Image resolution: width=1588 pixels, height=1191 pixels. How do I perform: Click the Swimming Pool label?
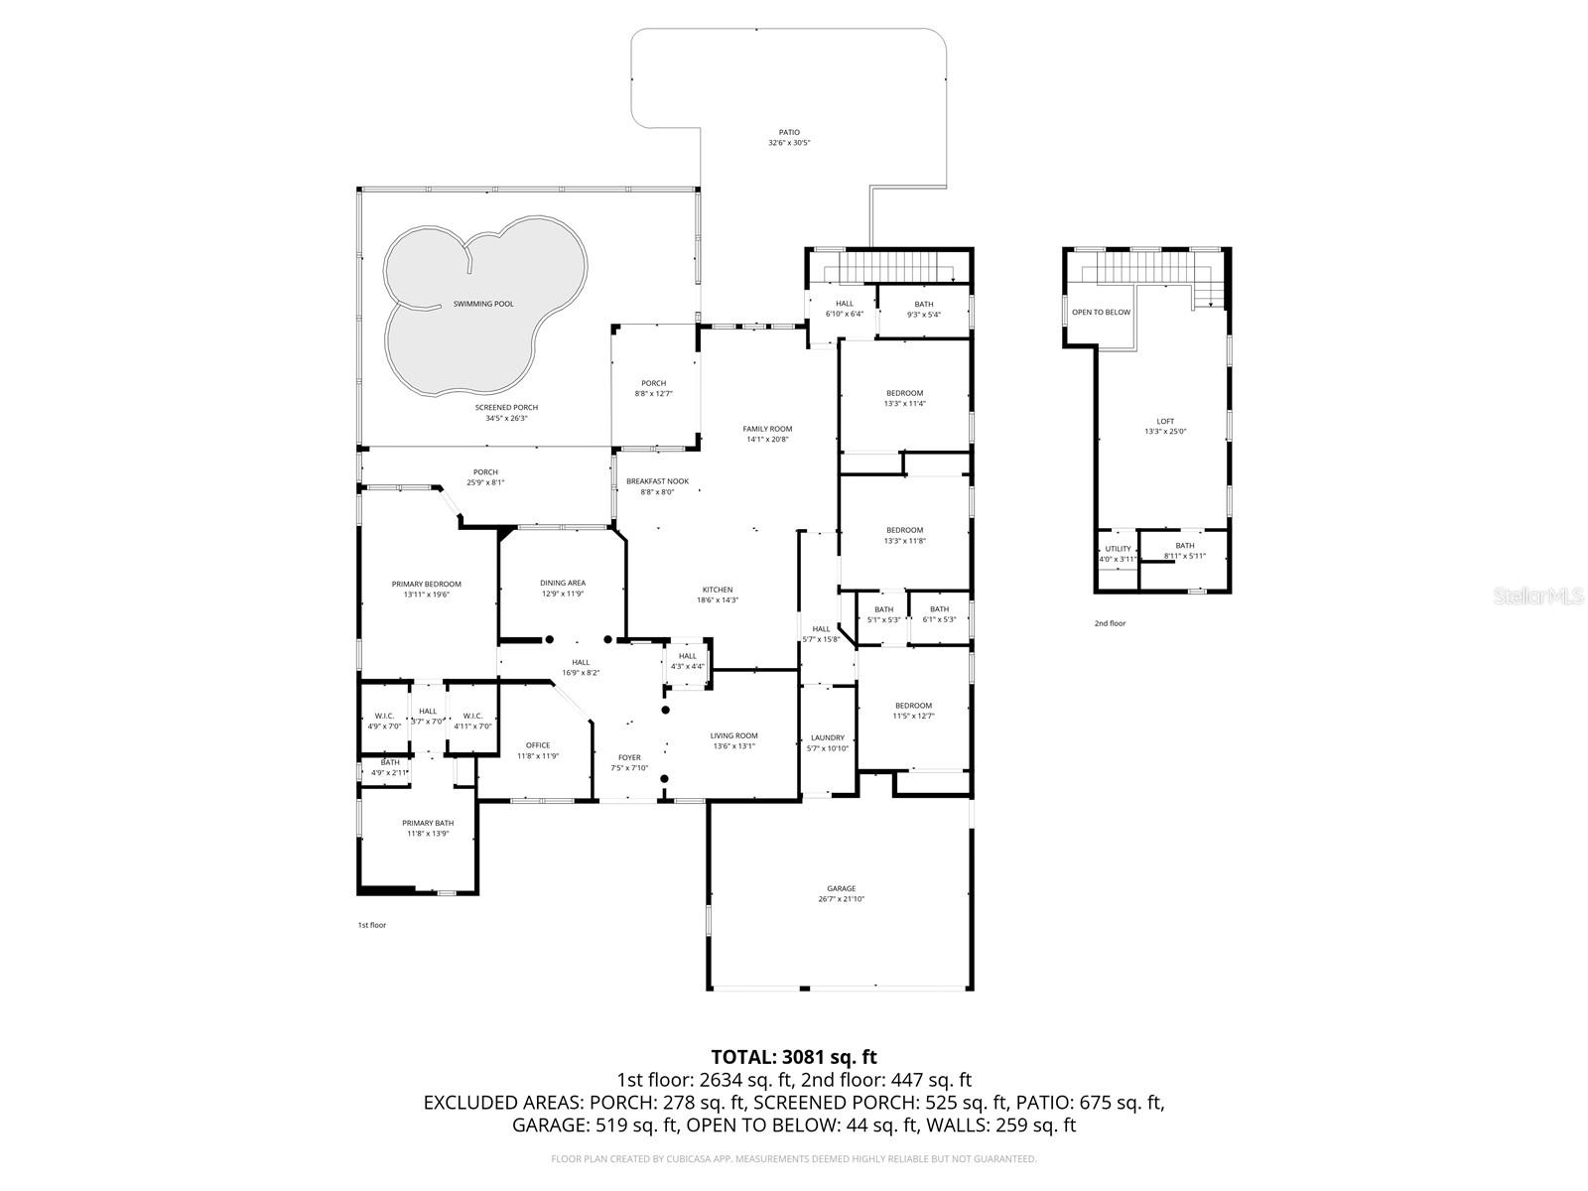click(x=483, y=304)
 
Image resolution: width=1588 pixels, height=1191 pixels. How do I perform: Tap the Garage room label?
click(x=841, y=888)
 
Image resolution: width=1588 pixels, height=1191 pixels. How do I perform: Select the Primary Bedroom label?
click(x=426, y=584)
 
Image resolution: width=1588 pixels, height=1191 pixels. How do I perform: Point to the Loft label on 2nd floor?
click(x=1165, y=421)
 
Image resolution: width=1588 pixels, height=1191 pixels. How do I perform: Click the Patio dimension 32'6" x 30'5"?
click(x=789, y=143)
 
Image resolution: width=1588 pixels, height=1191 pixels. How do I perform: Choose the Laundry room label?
click(x=827, y=737)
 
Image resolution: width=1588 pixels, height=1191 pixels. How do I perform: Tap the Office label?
click(x=538, y=745)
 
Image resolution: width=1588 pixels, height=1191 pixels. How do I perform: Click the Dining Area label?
click(x=562, y=583)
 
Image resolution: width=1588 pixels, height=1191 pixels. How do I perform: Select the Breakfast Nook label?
click(x=657, y=481)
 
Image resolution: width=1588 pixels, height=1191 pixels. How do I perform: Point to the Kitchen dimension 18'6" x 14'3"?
click(x=718, y=599)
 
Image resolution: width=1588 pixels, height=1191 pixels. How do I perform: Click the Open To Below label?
click(x=1101, y=313)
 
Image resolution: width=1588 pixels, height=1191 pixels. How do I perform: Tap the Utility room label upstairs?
click(x=1118, y=549)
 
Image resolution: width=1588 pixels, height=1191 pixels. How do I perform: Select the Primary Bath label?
click(x=428, y=823)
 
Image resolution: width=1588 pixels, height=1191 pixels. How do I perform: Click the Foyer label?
click(x=629, y=757)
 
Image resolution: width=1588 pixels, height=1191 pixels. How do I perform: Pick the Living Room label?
click(x=733, y=735)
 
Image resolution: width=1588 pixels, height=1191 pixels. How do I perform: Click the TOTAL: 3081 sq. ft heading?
click(x=794, y=1057)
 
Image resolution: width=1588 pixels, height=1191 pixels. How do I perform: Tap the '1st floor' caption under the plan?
click(x=372, y=925)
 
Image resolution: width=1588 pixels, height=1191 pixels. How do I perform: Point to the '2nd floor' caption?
click(x=1110, y=623)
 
